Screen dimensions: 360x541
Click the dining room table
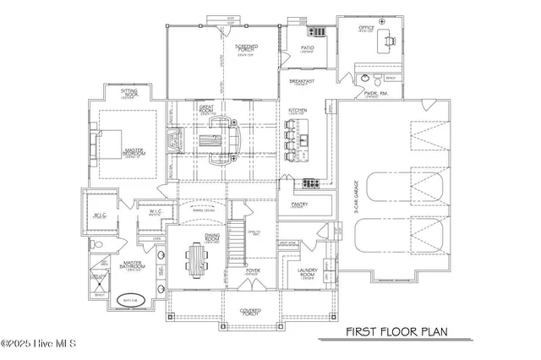pos(198,259)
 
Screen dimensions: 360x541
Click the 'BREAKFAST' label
pos(303,82)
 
